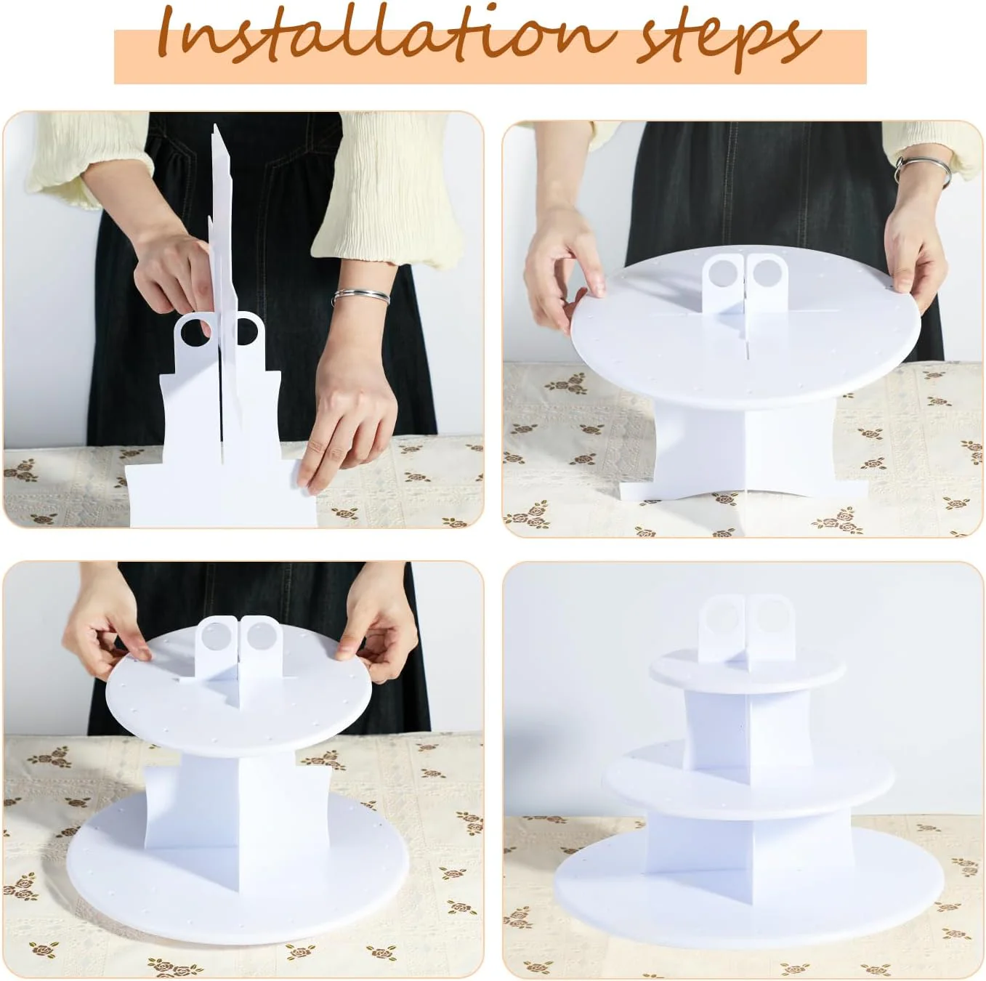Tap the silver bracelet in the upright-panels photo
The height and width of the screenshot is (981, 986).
tap(360, 296)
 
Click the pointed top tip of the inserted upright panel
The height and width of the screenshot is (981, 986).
tap(215, 126)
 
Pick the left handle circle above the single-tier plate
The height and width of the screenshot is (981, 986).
tap(722, 272)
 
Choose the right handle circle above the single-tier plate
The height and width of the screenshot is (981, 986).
tap(765, 272)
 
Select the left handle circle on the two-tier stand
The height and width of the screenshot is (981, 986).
tap(215, 636)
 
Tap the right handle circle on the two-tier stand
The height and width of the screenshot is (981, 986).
tap(260, 635)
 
